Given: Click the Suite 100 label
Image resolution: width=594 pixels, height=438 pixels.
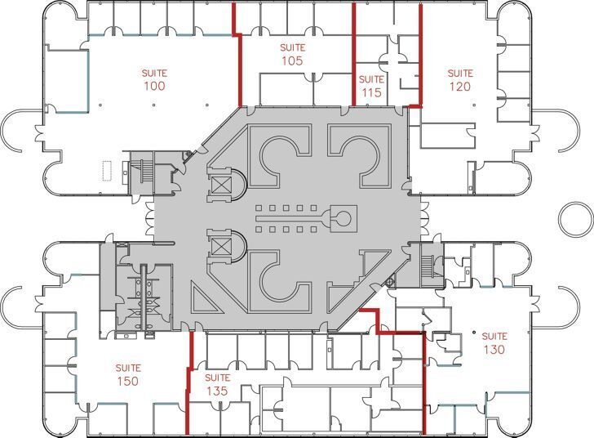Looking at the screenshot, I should pyautogui.click(x=154, y=79).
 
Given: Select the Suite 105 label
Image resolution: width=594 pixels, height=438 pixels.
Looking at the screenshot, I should pyautogui.click(x=292, y=54).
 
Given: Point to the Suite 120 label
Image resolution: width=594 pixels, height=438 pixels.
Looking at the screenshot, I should pyautogui.click(x=459, y=80).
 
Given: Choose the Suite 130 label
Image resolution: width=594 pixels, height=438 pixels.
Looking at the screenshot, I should pyautogui.click(x=494, y=343).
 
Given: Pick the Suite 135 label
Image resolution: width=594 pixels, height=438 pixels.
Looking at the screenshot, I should pyautogui.click(x=217, y=384).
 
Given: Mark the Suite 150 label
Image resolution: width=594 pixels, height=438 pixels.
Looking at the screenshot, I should pyautogui.click(x=127, y=375).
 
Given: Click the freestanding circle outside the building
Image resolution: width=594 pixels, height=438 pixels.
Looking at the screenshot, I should pyautogui.click(x=575, y=218).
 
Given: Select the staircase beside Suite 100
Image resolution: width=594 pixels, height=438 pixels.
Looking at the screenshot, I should pyautogui.click(x=142, y=172).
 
